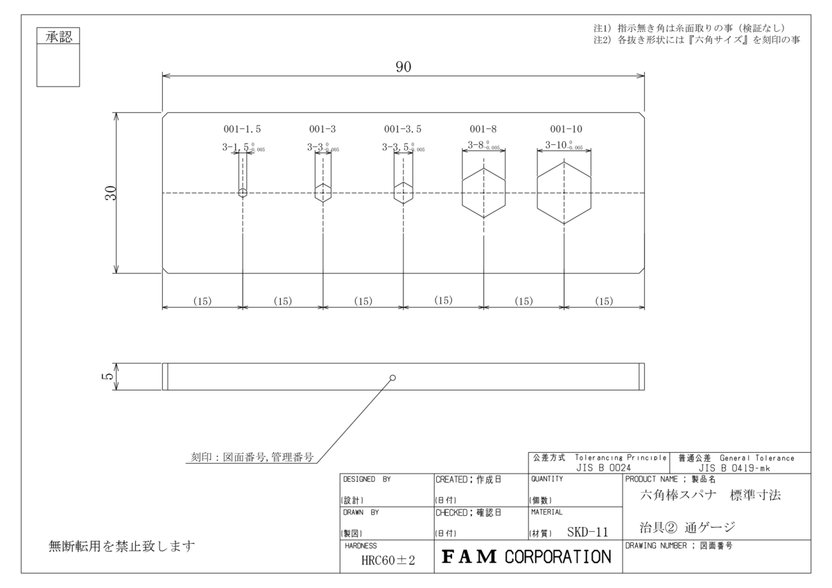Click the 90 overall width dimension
point(404,67)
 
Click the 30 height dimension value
point(110,193)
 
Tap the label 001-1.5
point(242,129)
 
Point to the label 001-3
point(322,129)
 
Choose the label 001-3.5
point(403,129)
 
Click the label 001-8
point(483,129)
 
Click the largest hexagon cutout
point(564,193)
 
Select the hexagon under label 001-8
point(483,193)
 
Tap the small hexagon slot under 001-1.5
point(242,193)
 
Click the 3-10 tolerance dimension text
point(562,146)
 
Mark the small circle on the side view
point(393,378)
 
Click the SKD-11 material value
point(587,533)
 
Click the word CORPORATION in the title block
point(558,557)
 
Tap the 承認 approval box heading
point(58,37)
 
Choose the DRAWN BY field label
point(361,513)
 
